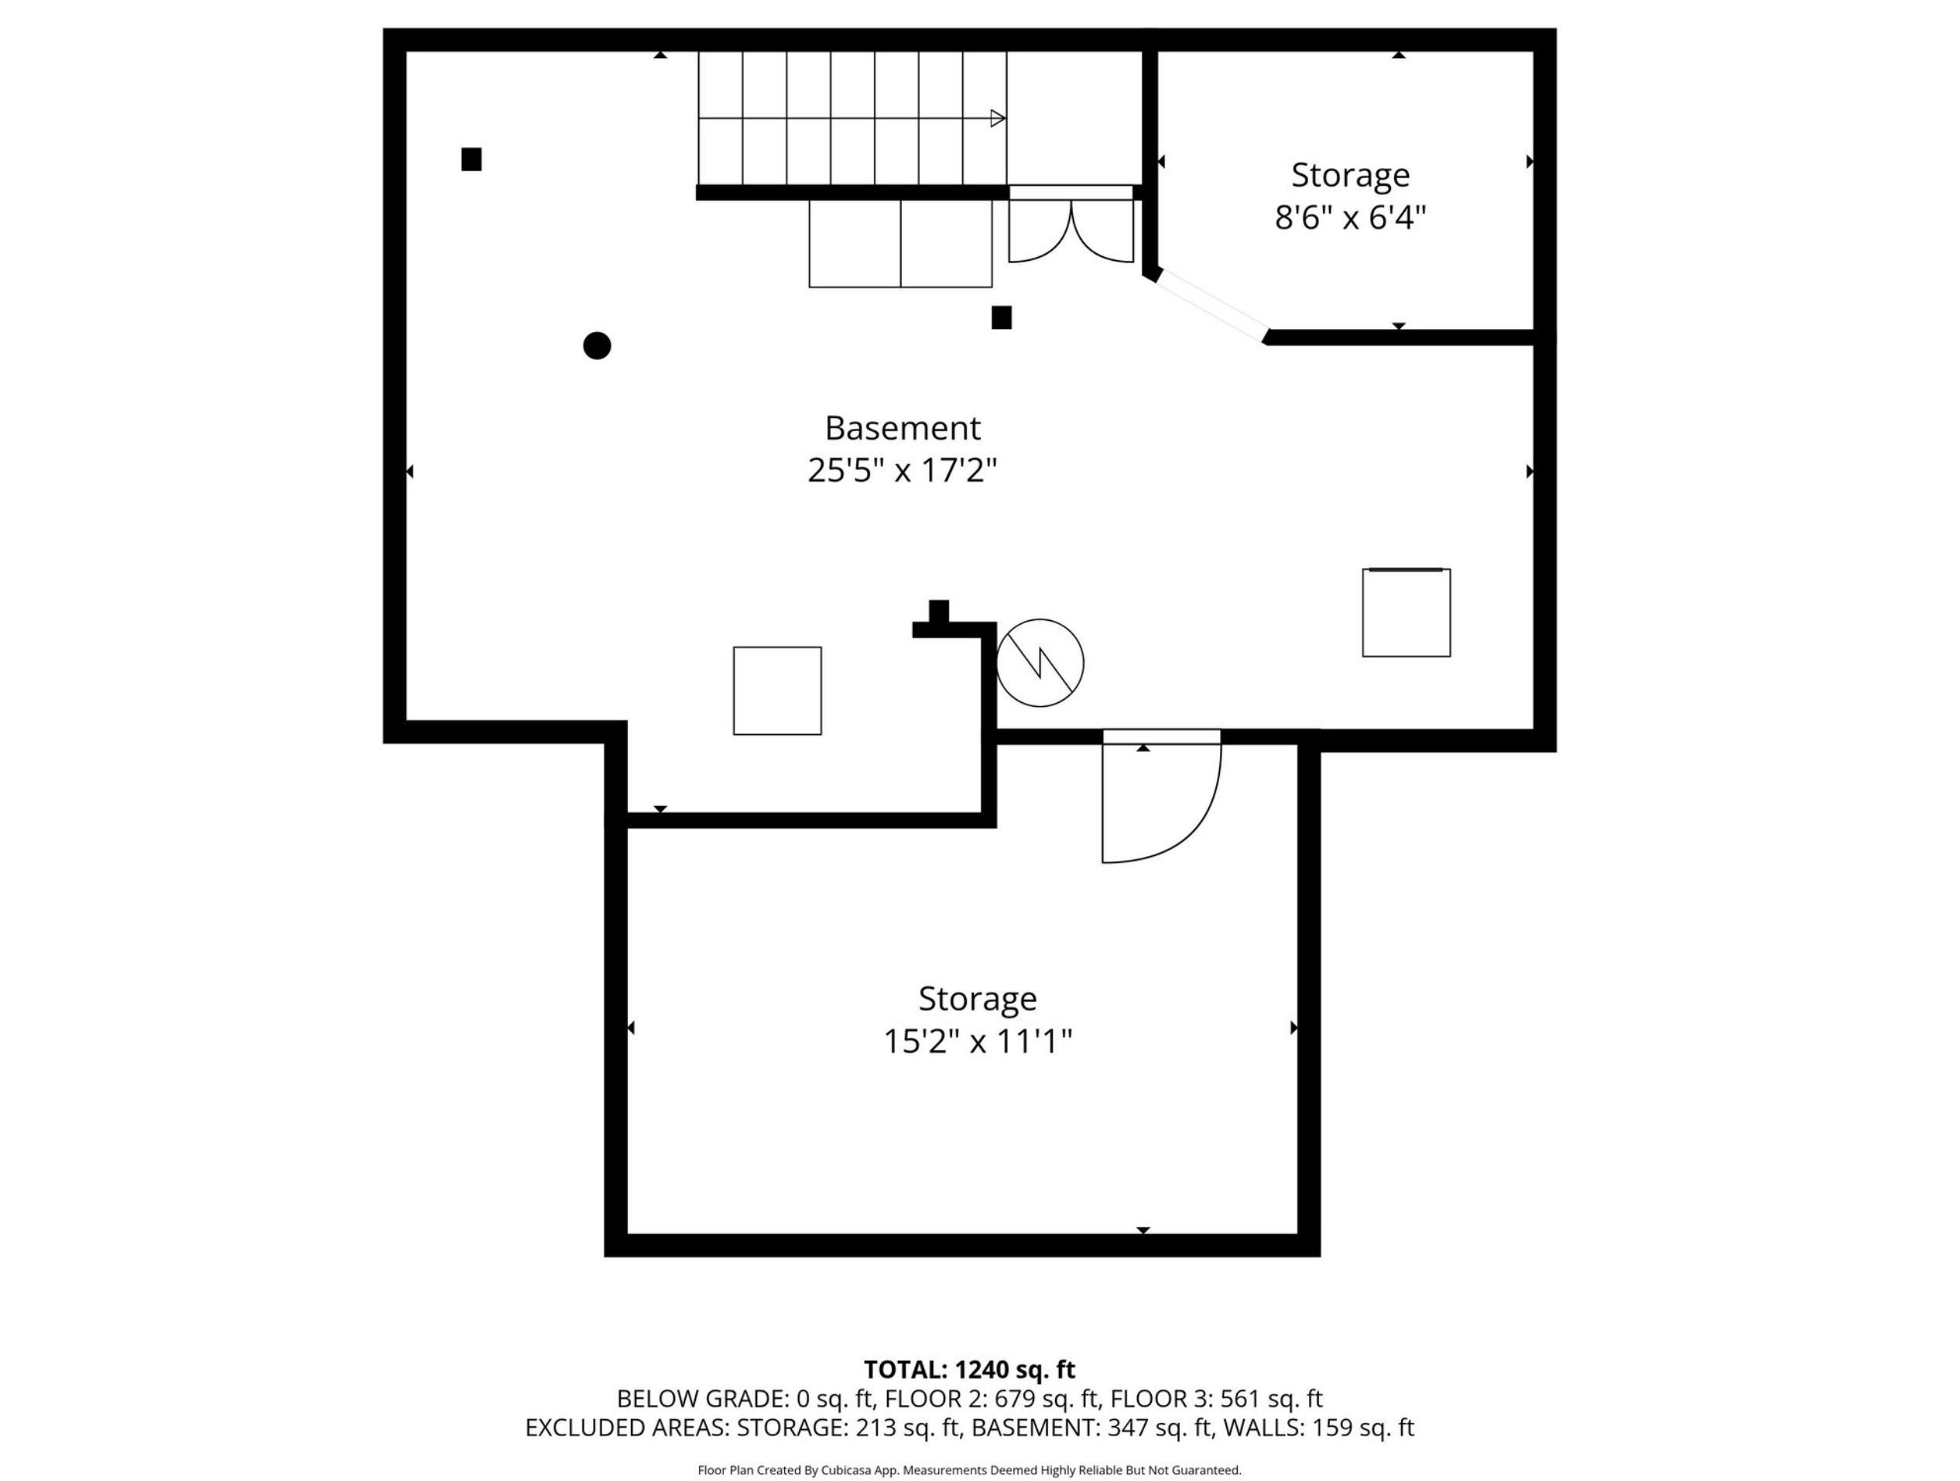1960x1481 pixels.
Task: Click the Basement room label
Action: coord(902,428)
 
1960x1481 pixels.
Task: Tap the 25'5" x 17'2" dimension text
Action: coord(902,471)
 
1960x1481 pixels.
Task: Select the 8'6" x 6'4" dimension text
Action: coord(1350,217)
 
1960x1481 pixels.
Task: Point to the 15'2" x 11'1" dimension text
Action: coord(978,1041)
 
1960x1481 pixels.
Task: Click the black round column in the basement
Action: coord(598,345)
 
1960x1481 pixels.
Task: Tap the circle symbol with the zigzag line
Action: coord(1040,663)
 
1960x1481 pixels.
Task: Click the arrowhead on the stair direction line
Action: coord(998,118)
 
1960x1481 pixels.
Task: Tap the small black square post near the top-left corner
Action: coord(471,159)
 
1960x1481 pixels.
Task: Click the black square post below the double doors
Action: coord(1001,317)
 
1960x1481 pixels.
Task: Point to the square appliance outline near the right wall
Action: coord(1407,612)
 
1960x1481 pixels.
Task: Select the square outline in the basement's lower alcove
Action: coord(777,691)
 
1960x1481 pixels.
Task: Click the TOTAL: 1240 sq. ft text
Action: coord(969,1370)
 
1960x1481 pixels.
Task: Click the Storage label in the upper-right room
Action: coord(1350,176)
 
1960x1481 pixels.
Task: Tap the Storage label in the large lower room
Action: coord(978,999)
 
